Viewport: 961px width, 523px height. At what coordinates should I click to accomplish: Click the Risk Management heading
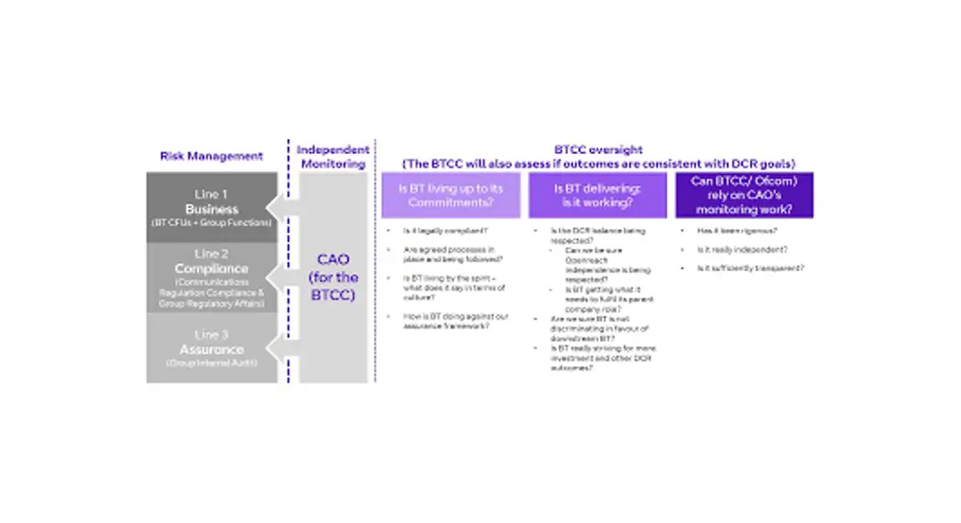tap(213, 157)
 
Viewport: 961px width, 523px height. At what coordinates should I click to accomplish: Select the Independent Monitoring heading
tap(333, 157)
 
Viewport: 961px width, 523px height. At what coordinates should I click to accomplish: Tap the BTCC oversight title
tap(599, 156)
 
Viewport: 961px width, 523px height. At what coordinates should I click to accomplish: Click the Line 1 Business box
tap(213, 208)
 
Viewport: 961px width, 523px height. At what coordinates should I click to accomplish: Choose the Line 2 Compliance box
tap(213, 278)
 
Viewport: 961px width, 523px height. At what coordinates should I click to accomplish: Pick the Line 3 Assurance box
tap(213, 349)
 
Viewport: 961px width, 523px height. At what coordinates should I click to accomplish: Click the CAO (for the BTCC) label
tap(333, 278)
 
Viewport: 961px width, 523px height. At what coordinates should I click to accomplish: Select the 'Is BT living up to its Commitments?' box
tap(451, 196)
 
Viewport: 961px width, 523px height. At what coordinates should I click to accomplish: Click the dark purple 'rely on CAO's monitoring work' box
tap(744, 196)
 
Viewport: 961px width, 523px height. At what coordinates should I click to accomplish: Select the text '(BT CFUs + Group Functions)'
tap(213, 223)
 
